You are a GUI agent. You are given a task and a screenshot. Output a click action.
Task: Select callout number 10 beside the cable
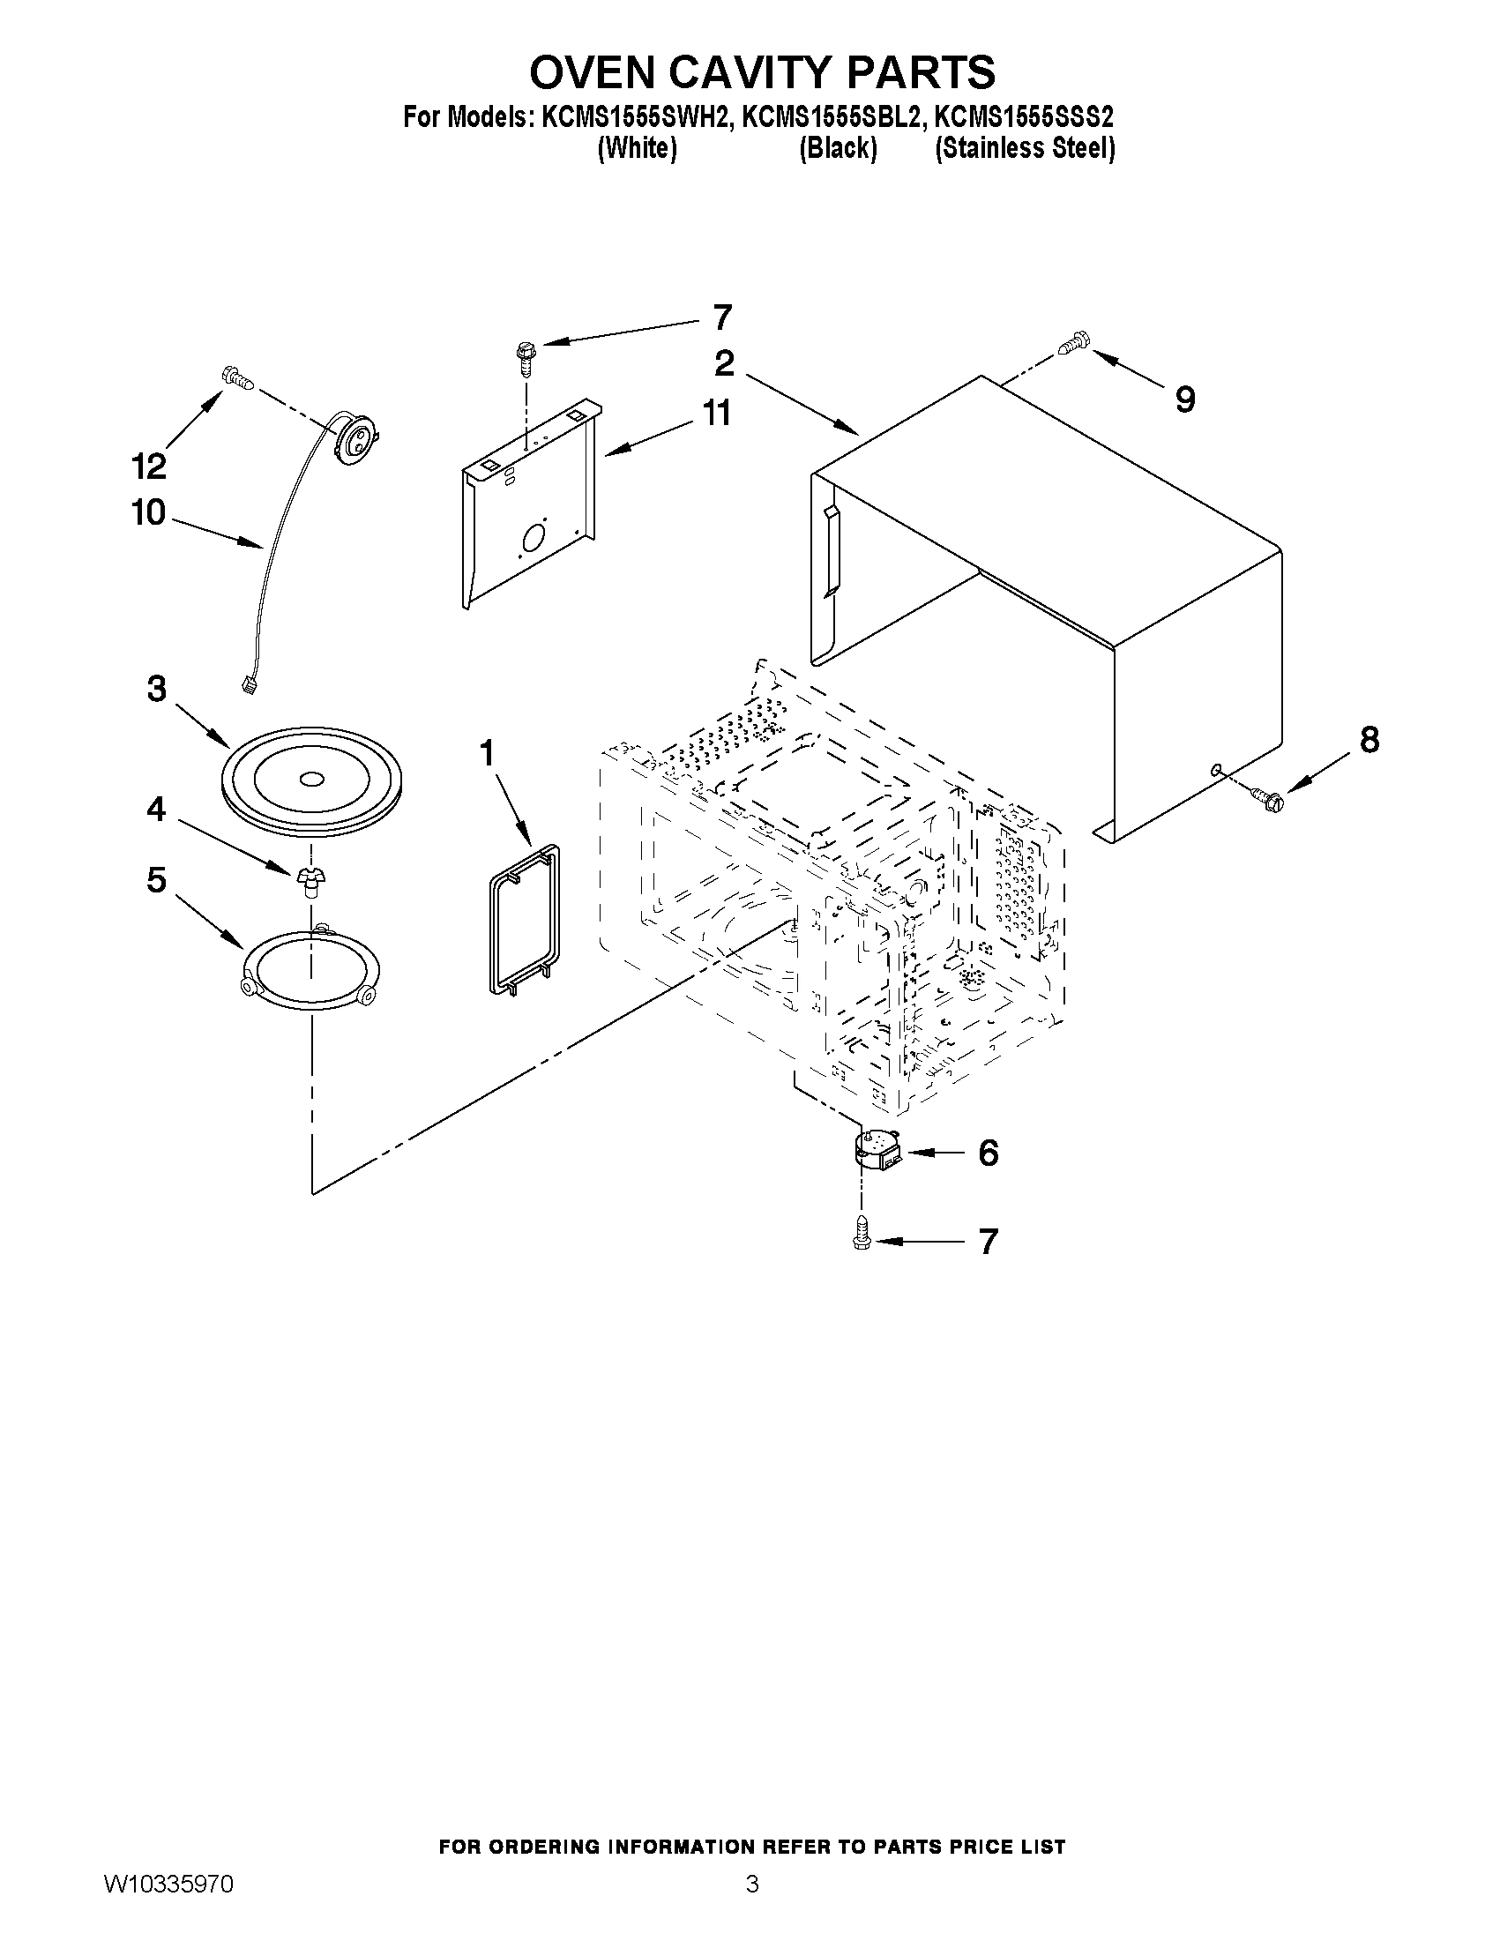pyautogui.click(x=149, y=512)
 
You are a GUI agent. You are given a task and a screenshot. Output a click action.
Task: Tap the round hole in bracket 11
pyautogui.click(x=534, y=537)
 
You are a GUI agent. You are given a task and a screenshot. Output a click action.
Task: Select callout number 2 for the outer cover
pyautogui.click(x=724, y=362)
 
